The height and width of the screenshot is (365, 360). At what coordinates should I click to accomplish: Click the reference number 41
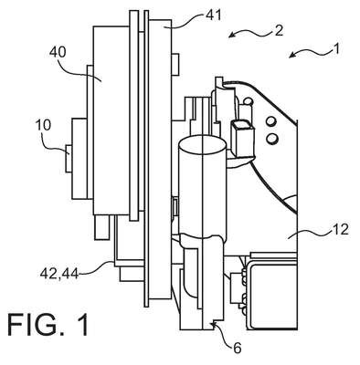(213, 16)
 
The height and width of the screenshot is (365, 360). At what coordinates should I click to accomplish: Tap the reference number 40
(58, 52)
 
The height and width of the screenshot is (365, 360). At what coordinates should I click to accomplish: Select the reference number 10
(44, 125)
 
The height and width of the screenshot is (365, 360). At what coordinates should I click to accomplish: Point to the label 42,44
(59, 274)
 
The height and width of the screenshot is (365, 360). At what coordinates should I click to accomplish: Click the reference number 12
(341, 229)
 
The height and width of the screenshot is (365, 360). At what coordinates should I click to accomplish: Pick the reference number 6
(238, 348)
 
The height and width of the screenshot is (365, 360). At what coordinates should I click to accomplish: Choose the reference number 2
(279, 31)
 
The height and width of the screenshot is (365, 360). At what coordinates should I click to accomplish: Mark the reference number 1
(336, 48)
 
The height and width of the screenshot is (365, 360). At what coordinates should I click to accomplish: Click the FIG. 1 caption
(48, 325)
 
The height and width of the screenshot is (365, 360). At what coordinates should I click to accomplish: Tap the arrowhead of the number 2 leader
(231, 35)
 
